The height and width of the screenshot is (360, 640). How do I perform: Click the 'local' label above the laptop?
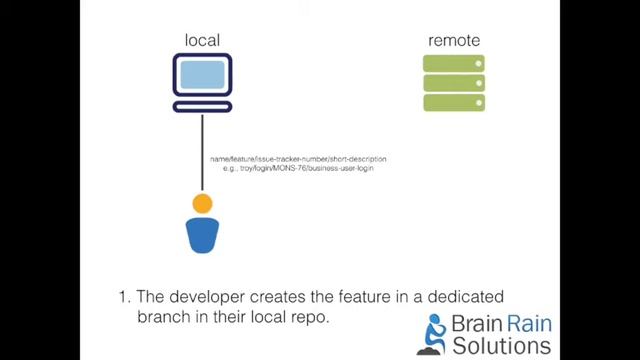pos(202,40)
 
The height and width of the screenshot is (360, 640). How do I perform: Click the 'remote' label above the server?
pos(454,40)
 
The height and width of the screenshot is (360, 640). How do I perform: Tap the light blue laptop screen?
pos(202,76)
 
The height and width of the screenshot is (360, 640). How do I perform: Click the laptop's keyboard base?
pos(202,105)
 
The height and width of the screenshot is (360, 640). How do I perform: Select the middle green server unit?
pos(454,83)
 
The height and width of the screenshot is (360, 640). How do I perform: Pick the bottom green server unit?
pos(454,102)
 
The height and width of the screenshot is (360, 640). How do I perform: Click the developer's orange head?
pos(202,204)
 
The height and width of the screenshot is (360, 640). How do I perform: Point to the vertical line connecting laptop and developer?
pos(202,150)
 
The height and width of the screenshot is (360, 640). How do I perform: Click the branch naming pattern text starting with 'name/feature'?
pos(297,159)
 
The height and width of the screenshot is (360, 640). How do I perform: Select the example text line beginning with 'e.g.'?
pos(297,169)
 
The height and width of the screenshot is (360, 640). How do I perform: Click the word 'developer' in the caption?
pos(216,297)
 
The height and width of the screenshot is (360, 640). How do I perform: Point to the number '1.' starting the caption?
pos(125,297)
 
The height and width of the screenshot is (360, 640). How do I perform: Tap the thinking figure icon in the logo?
pos(436,336)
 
